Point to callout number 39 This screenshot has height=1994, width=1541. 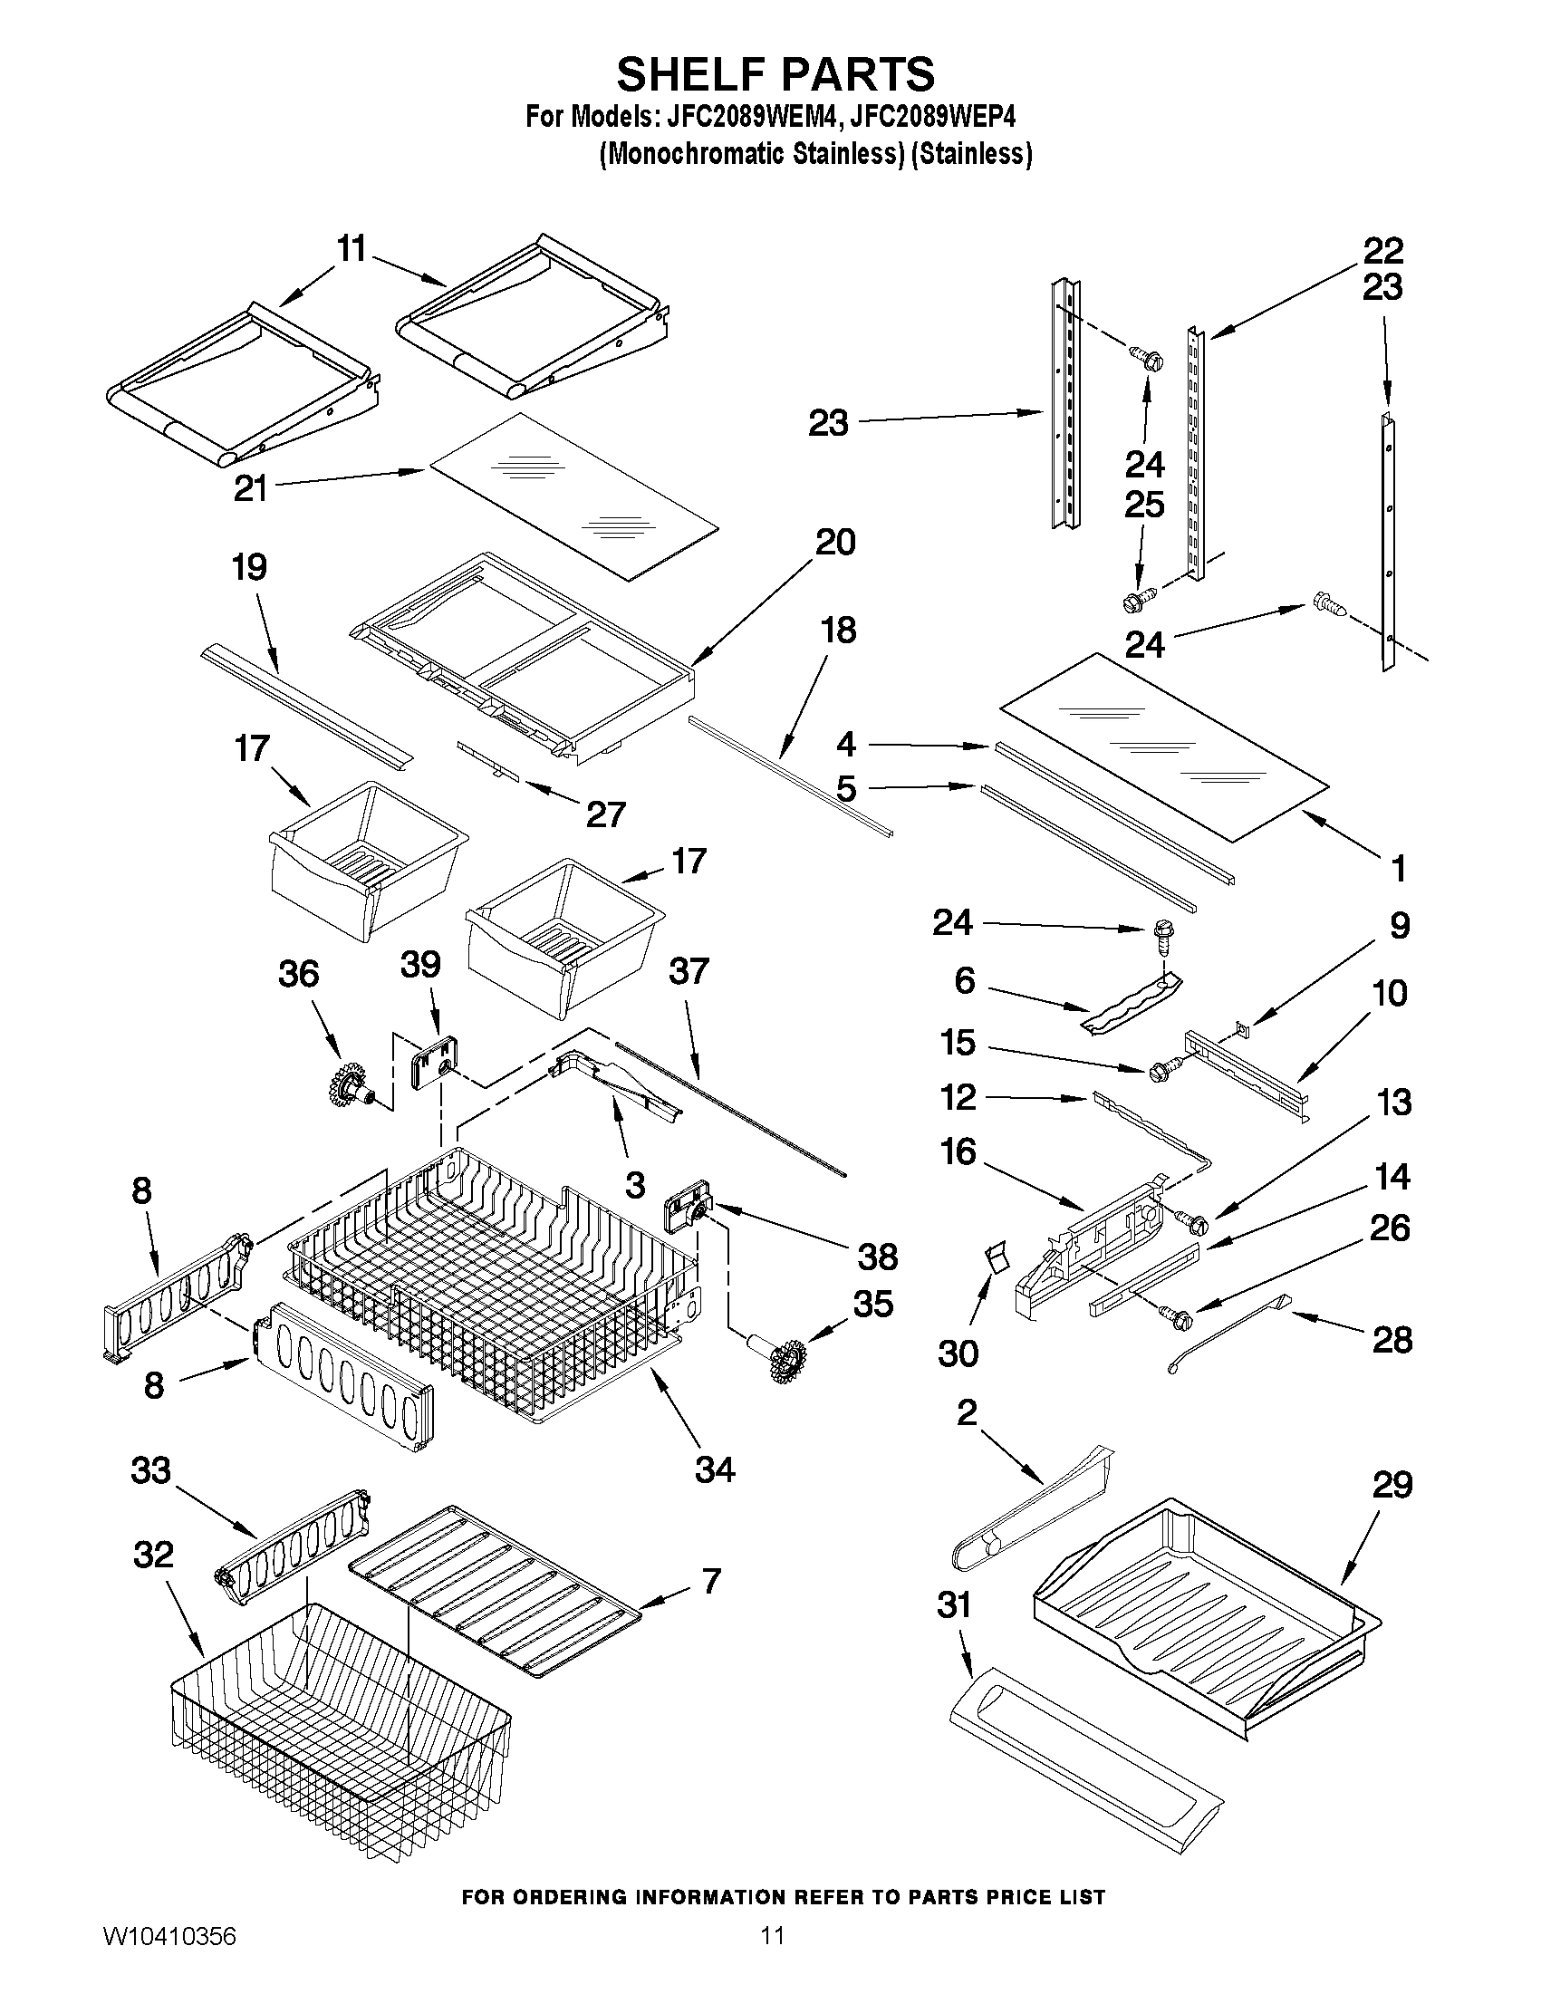(421, 964)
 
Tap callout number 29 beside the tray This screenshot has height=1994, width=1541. (1392, 1487)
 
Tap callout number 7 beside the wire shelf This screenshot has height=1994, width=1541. (711, 1580)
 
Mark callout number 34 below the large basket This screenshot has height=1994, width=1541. (715, 1469)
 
